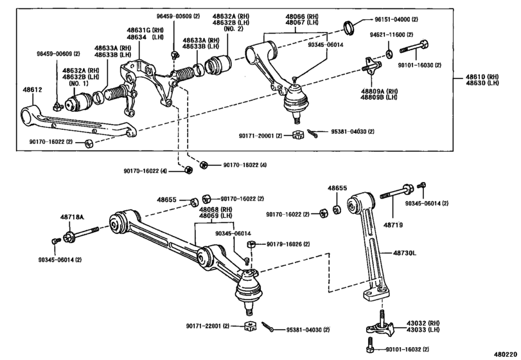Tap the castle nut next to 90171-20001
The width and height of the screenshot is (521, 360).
point(297,135)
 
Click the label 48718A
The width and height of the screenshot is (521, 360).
point(73,218)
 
